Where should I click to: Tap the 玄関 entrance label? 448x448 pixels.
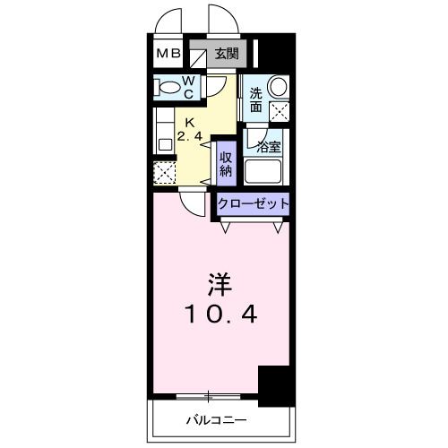226,53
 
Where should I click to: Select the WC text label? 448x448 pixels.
191,87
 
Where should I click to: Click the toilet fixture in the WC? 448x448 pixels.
167,87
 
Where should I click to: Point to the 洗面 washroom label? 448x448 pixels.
256,99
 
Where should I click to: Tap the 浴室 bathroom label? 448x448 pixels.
267,145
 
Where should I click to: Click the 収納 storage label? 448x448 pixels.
227,162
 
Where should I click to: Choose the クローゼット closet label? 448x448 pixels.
254,204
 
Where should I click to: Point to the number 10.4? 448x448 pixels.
220,315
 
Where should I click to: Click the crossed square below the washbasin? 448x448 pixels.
279,113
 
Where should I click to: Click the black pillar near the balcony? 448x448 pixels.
276,384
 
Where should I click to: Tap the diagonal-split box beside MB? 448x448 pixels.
199,54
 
